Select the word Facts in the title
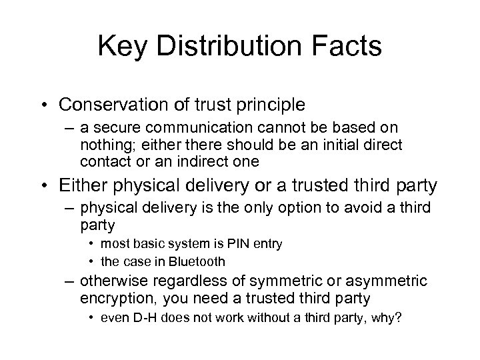point(349,47)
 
